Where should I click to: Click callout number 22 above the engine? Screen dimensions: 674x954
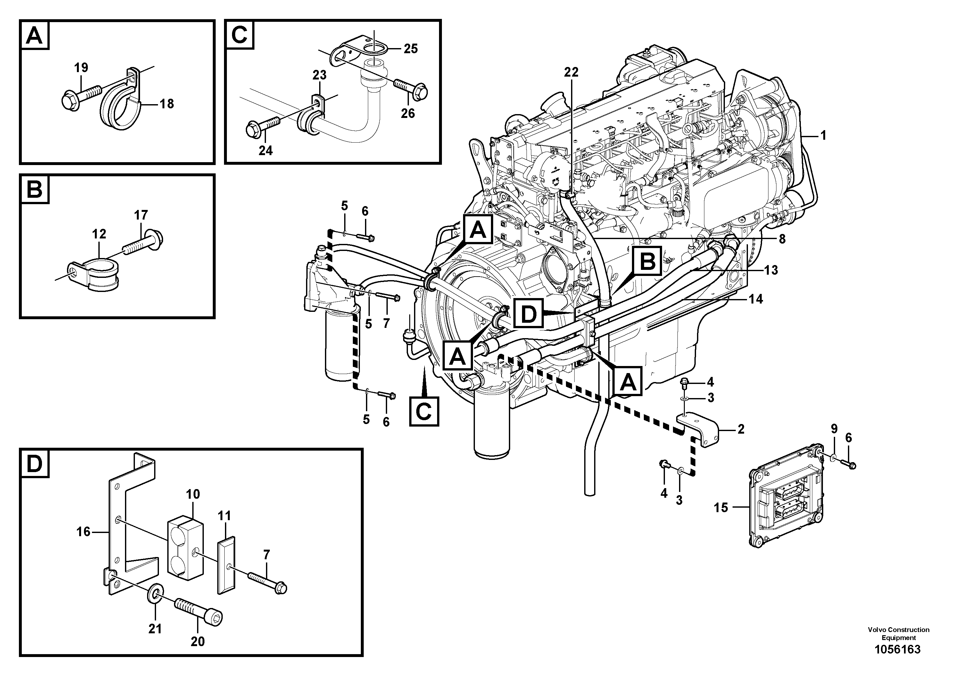point(571,72)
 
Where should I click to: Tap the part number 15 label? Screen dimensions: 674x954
point(721,507)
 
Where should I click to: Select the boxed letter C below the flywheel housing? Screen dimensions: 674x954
point(424,412)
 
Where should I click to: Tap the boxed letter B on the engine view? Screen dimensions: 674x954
point(647,261)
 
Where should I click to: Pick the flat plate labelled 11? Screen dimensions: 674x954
point(227,565)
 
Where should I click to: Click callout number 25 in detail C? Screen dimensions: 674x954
point(411,49)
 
